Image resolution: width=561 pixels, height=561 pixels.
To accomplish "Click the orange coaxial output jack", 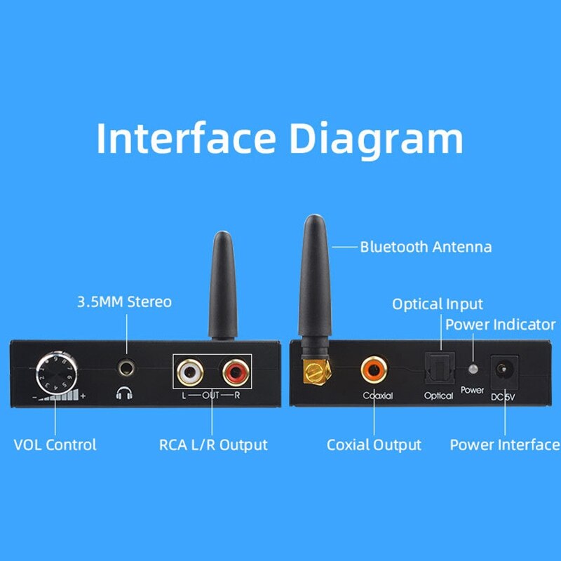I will pyautogui.click(x=373, y=368).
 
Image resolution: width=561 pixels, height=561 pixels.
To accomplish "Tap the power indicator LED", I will pyautogui.click(x=473, y=370).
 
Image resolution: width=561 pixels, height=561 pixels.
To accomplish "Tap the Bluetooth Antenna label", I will pyautogui.click(x=426, y=247).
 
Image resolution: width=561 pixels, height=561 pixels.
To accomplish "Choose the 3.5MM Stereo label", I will pyautogui.click(x=123, y=302).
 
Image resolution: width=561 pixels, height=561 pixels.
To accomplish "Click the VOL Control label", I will pyautogui.click(x=55, y=445).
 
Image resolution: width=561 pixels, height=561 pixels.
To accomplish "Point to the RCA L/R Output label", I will pyautogui.click(x=213, y=445).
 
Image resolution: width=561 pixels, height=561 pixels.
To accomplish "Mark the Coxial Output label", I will pyautogui.click(x=374, y=445).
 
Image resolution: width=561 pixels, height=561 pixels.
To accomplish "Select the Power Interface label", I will pyautogui.click(x=504, y=445).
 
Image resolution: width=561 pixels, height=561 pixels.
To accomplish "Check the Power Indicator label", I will pyautogui.click(x=500, y=325).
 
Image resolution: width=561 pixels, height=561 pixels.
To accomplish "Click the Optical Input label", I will pyautogui.click(x=438, y=304).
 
